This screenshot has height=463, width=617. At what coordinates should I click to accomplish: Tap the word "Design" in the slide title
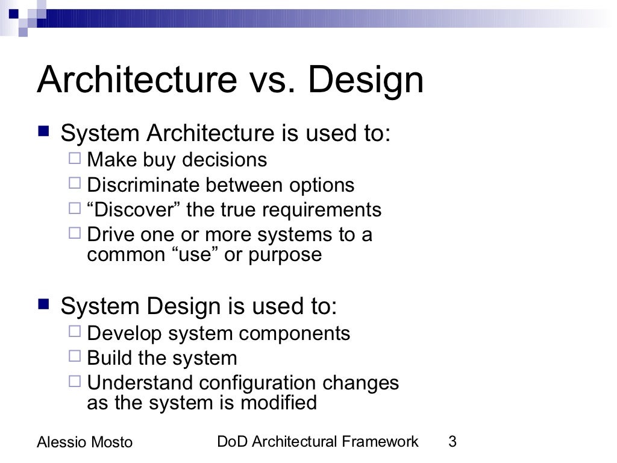click(x=366, y=80)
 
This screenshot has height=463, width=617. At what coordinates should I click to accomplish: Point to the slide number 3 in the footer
click(x=453, y=442)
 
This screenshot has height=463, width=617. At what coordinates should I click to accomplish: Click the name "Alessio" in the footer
click(x=60, y=443)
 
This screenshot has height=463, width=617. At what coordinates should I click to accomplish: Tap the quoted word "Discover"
click(x=134, y=210)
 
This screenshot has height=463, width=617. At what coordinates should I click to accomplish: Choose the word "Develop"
click(x=125, y=333)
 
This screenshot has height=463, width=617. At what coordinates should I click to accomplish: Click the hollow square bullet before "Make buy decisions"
click(x=75, y=160)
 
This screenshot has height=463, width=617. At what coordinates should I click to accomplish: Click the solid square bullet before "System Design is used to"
click(x=43, y=305)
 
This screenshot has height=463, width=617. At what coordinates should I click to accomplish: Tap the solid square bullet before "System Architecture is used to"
click(x=43, y=131)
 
